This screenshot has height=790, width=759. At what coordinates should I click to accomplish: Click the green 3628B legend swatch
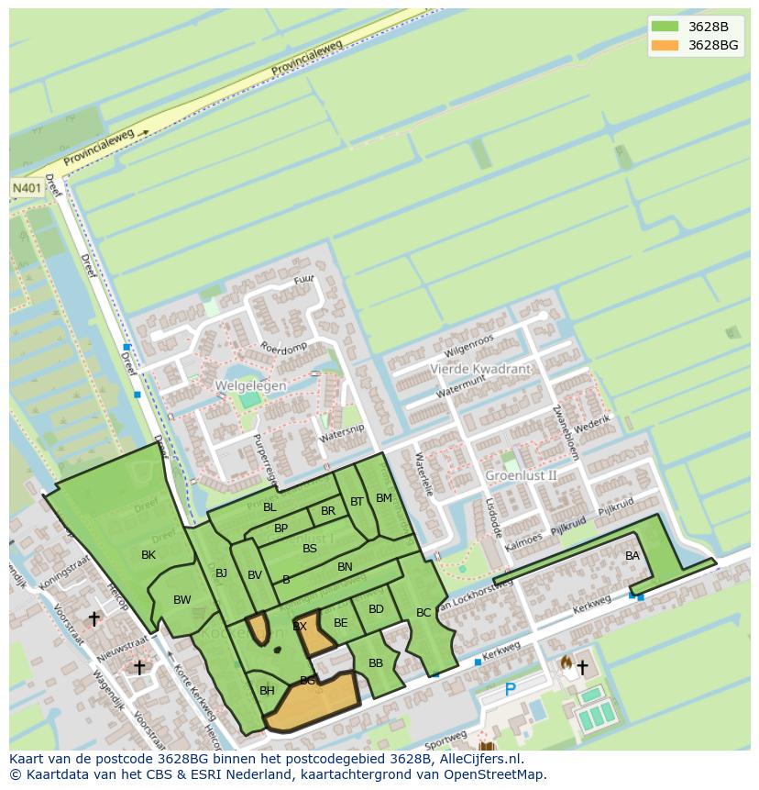(665, 27)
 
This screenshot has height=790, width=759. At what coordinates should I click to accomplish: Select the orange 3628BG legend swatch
(665, 45)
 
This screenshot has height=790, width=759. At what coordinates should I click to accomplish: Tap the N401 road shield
(25, 187)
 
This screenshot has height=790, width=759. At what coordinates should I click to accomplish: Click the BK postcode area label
(148, 555)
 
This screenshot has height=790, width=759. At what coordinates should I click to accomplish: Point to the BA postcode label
(632, 556)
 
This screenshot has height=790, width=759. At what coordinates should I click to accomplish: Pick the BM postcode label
(384, 498)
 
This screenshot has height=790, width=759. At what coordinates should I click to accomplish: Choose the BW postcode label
(182, 600)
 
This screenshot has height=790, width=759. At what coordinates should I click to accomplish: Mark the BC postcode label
(423, 612)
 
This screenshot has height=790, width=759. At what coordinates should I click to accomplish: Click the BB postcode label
(376, 662)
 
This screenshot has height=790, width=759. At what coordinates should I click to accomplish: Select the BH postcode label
(267, 691)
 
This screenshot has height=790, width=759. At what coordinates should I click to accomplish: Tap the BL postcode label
(269, 507)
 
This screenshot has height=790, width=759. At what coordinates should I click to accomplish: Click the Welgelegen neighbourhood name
(250, 386)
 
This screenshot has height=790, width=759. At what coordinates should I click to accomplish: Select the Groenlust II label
(521, 475)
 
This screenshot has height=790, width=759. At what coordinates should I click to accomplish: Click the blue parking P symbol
(511, 689)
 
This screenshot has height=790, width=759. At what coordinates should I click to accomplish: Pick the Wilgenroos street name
(468, 347)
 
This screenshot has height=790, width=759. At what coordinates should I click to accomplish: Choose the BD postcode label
(376, 609)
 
